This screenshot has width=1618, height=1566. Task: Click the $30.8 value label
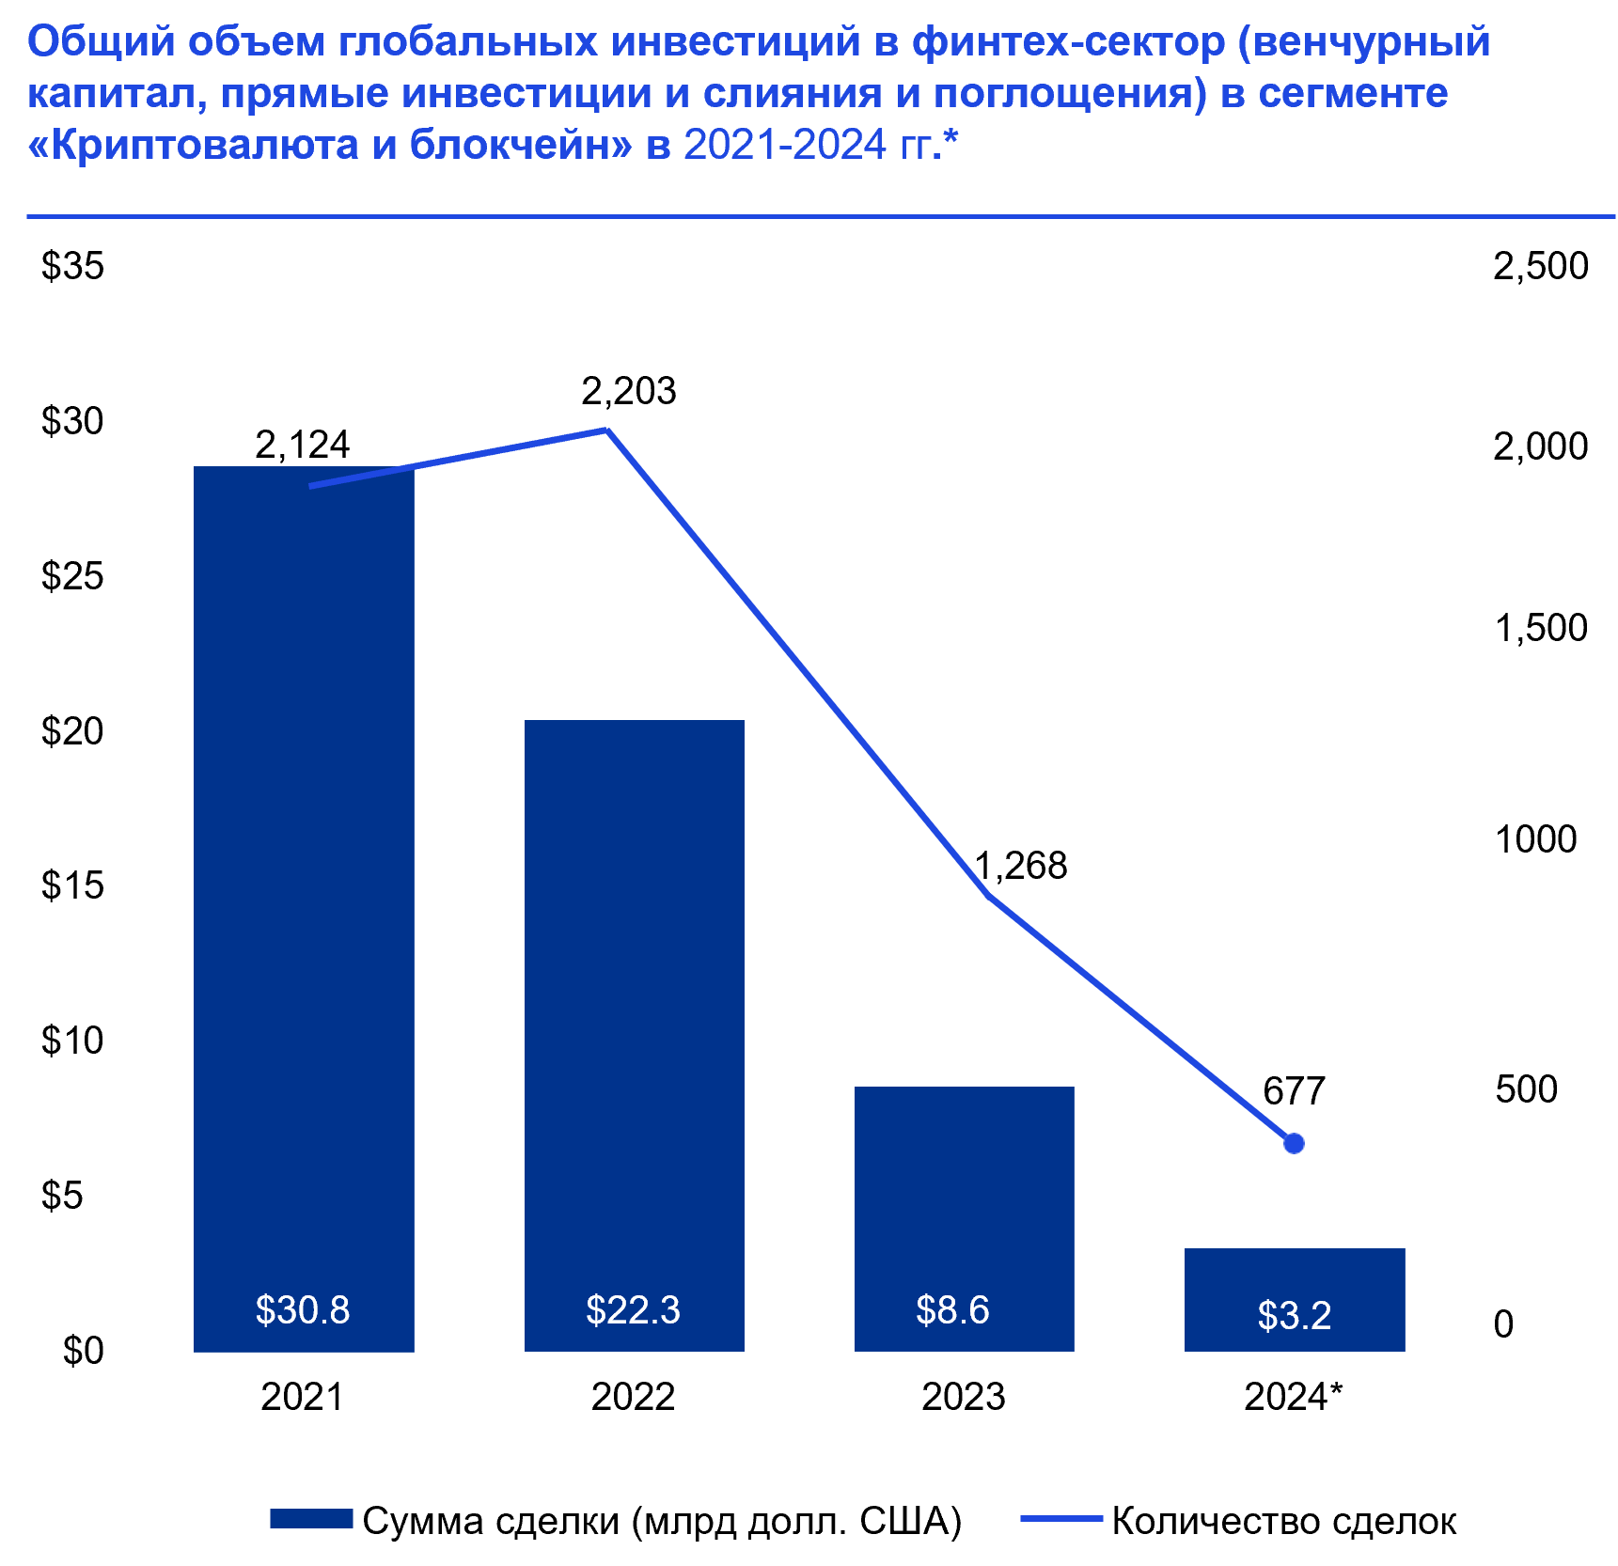(303, 1309)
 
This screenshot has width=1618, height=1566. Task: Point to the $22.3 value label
(633, 1309)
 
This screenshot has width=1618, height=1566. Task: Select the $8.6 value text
(952, 1309)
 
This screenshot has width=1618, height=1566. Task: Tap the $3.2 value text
(1295, 1315)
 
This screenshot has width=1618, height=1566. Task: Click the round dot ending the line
(1294, 1143)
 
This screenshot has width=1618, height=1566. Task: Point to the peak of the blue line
(606, 431)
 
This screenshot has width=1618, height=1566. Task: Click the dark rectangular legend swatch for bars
(311, 1518)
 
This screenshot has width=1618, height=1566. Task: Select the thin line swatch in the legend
(1061, 1518)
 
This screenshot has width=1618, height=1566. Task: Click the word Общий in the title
(101, 42)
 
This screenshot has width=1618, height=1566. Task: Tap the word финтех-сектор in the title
(1068, 42)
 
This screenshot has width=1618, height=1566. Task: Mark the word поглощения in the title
(1068, 94)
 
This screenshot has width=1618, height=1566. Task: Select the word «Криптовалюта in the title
(193, 146)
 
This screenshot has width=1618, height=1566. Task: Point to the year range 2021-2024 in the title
(784, 146)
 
